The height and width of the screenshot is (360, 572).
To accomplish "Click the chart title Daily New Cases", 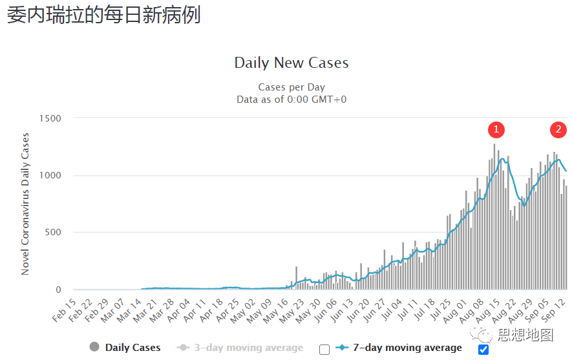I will [x=291, y=63].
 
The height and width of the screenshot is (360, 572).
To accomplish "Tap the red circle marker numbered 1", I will [x=496, y=130].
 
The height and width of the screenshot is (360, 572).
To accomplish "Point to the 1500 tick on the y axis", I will [x=49, y=118].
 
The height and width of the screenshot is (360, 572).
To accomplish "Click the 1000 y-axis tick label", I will [x=49, y=176].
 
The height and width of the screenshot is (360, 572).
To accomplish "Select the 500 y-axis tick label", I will [x=52, y=233].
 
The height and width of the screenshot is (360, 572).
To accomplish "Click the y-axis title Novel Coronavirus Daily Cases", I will [x=25, y=204].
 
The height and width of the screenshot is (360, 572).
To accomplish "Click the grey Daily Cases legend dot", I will [x=95, y=348].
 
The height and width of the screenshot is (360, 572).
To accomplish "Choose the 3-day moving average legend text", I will [x=249, y=348].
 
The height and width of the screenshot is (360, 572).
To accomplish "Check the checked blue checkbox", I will [x=483, y=350].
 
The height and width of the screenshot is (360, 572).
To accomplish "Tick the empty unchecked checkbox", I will [x=324, y=350].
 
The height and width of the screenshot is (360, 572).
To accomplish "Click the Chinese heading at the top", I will [x=104, y=15].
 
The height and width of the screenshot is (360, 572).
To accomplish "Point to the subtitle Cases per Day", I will [x=291, y=87].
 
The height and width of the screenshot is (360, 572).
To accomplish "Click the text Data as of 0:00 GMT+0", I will [x=291, y=99].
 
